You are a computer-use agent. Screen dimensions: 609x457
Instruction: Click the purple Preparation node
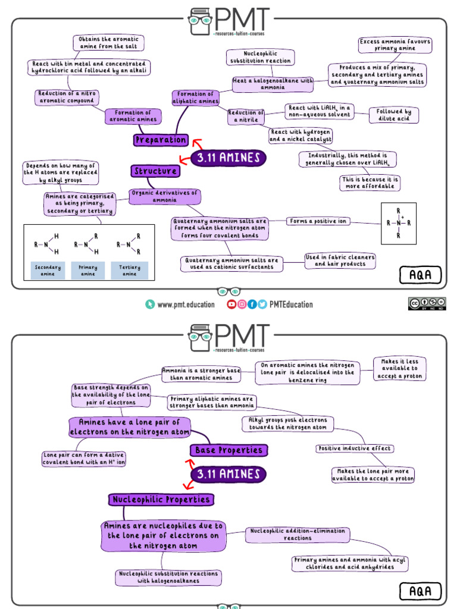[161, 140]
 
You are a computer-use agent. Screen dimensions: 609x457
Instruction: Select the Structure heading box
[155, 171]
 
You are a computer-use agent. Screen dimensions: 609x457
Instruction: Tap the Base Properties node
[229, 450]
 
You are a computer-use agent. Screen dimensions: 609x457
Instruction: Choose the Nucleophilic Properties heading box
[161, 500]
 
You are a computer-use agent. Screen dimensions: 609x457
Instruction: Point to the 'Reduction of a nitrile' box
[246, 116]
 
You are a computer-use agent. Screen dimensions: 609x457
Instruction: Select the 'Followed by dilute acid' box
[394, 115]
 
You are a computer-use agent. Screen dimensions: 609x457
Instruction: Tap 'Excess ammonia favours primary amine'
[395, 45]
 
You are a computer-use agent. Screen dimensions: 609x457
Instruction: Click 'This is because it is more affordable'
[370, 183]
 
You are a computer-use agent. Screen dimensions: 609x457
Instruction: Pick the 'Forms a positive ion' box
[318, 221]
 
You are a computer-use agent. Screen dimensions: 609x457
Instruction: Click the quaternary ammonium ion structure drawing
[398, 224]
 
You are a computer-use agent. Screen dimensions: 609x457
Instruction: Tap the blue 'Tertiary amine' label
[129, 271]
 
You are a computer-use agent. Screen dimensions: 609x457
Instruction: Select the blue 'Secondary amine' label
[48, 271]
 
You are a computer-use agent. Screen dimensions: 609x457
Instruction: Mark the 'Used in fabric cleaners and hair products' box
[340, 260]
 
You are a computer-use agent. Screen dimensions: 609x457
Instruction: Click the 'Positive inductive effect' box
[354, 448]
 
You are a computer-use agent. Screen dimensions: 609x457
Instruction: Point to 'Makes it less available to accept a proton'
[400, 369]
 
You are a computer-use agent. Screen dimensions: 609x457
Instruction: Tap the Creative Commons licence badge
[427, 303]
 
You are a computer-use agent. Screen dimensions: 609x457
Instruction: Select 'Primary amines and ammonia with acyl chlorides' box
[350, 563]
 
